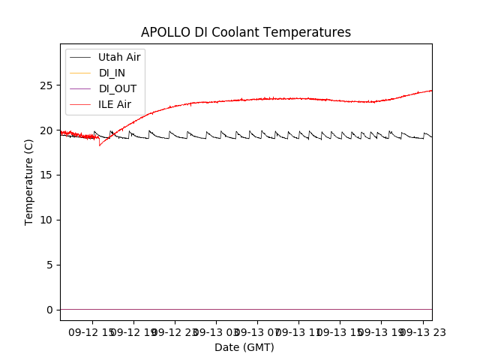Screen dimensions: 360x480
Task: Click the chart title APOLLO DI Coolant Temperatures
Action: pyautogui.click(x=246, y=32)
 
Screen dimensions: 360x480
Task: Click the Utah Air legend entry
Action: pyautogui.click(x=119, y=57)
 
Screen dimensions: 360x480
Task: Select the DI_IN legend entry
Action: pyautogui.click(x=112, y=73)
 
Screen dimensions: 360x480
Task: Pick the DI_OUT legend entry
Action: pyautogui.click(x=117, y=88)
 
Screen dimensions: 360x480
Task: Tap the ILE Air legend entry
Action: pyautogui.click(x=115, y=104)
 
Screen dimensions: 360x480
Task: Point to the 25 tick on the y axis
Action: pyautogui.click(x=49, y=85)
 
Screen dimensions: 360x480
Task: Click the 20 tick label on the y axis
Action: pyautogui.click(x=49, y=130)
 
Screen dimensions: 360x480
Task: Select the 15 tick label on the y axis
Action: pyautogui.click(x=49, y=175)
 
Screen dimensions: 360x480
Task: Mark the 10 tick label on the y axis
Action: pyautogui.click(x=49, y=220)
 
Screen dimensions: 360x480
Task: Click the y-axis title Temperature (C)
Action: pyautogui.click(x=29, y=181)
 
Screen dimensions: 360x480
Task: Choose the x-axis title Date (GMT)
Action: pyautogui.click(x=244, y=347)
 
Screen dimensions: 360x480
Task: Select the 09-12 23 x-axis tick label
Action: pyautogui.click(x=175, y=331)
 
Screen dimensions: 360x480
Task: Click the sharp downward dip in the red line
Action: pyautogui.click(x=100, y=145)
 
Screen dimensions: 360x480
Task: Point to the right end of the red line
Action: pyautogui.click(x=432, y=90)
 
